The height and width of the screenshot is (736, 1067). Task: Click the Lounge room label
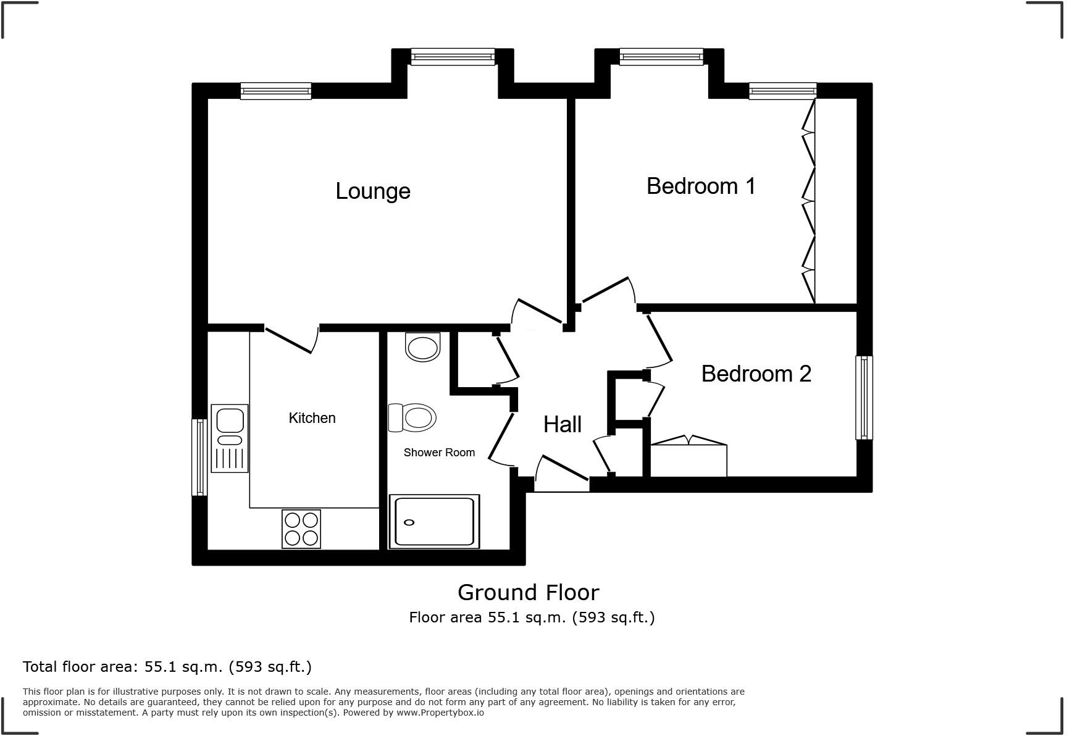point(372,191)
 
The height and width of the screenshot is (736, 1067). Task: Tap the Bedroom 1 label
point(701,186)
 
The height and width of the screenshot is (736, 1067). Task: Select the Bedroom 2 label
point(756,374)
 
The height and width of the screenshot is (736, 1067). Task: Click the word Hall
point(562,424)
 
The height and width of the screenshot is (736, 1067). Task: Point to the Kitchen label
point(312,418)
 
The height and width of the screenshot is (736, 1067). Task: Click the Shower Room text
point(439,453)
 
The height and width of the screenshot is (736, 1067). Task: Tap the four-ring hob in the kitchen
point(301,529)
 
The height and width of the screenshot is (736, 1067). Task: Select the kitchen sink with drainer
point(230,438)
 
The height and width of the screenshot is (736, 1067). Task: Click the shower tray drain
point(409,522)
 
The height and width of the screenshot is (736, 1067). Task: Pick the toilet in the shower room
point(412,418)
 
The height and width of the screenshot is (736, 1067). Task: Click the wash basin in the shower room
point(423,347)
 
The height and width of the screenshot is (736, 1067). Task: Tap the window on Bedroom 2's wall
point(864,398)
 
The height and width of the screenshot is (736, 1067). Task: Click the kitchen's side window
point(199,457)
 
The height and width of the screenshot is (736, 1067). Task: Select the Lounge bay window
point(453,57)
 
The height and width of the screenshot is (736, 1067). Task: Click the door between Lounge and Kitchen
point(290,340)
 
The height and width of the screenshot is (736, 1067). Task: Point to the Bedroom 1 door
point(607,290)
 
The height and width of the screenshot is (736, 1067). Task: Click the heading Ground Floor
point(528,592)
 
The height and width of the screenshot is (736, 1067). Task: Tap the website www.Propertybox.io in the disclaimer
point(440,713)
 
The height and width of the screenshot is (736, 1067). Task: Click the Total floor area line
point(167,667)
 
